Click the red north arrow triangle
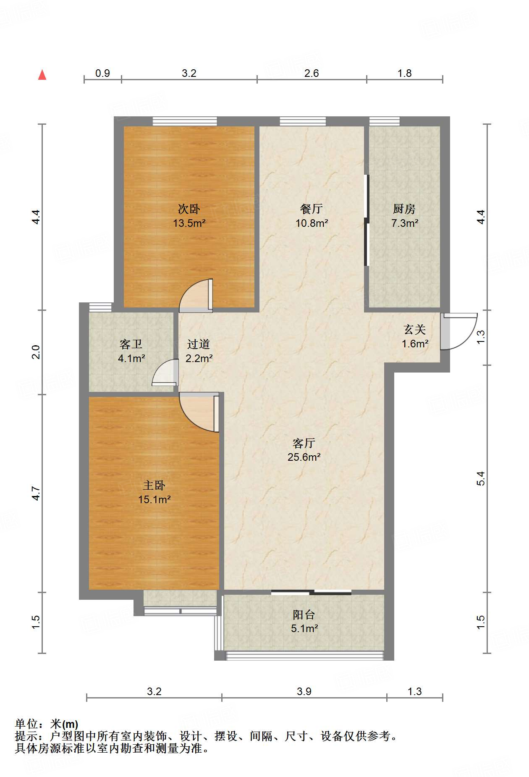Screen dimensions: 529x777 42,75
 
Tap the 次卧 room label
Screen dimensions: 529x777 189,209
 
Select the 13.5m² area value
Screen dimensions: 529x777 189,223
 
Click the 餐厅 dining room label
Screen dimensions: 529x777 312,209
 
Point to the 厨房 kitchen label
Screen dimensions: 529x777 404,209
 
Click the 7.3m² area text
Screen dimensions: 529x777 405,223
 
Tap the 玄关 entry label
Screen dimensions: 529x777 415,330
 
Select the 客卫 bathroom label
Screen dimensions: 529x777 131,344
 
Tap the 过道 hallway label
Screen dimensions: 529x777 199,344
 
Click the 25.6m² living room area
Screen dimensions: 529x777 304,457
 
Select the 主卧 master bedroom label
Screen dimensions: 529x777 154,486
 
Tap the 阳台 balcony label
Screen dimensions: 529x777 304,615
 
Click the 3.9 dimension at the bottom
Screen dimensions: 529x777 304,691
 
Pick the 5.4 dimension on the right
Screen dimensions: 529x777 481,478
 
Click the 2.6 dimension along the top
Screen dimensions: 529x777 312,73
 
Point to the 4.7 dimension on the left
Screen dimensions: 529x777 36,493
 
